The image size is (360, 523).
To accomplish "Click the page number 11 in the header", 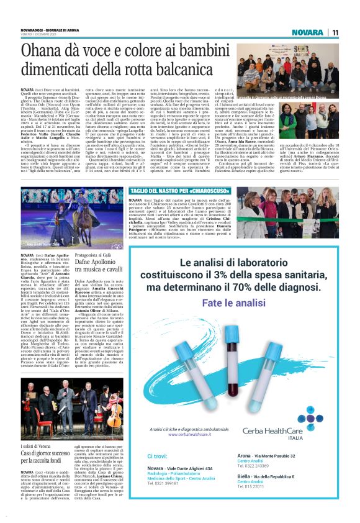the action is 335,32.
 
